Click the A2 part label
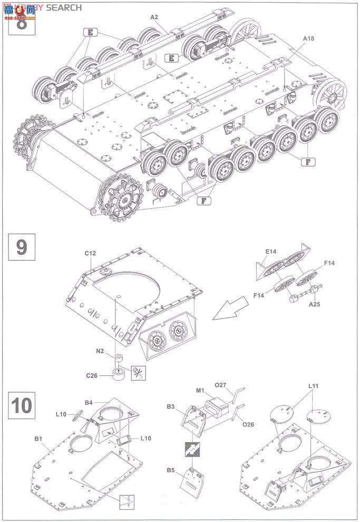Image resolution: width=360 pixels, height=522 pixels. pyautogui.click(x=154, y=17)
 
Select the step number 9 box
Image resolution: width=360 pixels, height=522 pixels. pyautogui.click(x=21, y=247)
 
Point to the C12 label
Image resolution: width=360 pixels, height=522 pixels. pyautogui.click(x=90, y=254)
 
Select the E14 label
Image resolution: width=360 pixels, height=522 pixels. pyautogui.click(x=270, y=252)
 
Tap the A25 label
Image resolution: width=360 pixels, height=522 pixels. pyautogui.click(x=314, y=304)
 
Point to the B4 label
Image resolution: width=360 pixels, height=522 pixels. pyautogui.click(x=89, y=403)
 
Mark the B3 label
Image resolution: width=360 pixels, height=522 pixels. pyautogui.click(x=171, y=407)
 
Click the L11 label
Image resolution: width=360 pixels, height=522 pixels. pyautogui.click(x=314, y=387)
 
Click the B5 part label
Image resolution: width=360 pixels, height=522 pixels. pyautogui.click(x=170, y=470)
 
